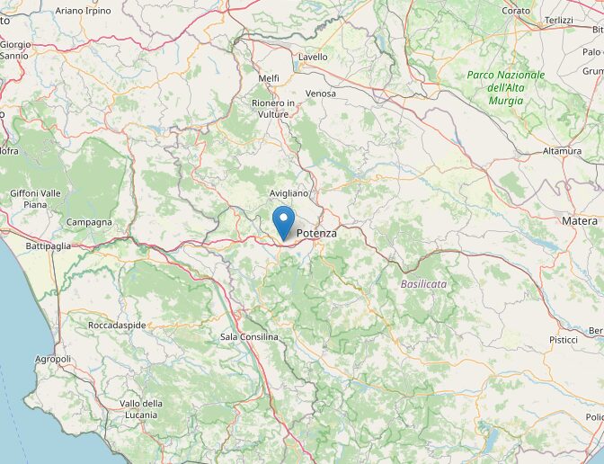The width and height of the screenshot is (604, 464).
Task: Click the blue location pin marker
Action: click(x=283, y=221)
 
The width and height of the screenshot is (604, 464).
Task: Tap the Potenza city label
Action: click(x=316, y=233)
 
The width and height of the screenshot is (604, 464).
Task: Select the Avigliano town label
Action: click(x=289, y=193)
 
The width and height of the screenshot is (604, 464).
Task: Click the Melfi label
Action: click(x=269, y=78)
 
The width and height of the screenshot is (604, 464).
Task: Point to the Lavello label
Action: click(x=313, y=57)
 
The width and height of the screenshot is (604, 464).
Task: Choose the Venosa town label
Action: click(x=321, y=94)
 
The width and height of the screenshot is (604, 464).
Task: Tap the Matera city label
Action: click(x=580, y=220)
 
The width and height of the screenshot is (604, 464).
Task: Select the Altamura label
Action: click(x=562, y=151)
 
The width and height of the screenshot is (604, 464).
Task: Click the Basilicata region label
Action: click(x=423, y=283)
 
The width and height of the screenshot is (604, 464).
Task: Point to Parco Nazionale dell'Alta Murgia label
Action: click(x=506, y=87)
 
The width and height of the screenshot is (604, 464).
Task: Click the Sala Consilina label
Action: click(x=249, y=336)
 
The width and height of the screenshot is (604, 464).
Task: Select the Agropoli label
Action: click(x=51, y=359)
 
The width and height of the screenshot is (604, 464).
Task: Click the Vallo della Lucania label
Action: click(x=141, y=408)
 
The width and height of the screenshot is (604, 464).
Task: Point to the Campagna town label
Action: click(x=89, y=222)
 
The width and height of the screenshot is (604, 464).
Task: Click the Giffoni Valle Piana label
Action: click(x=36, y=199)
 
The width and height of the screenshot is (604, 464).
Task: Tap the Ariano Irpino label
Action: click(x=84, y=11)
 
